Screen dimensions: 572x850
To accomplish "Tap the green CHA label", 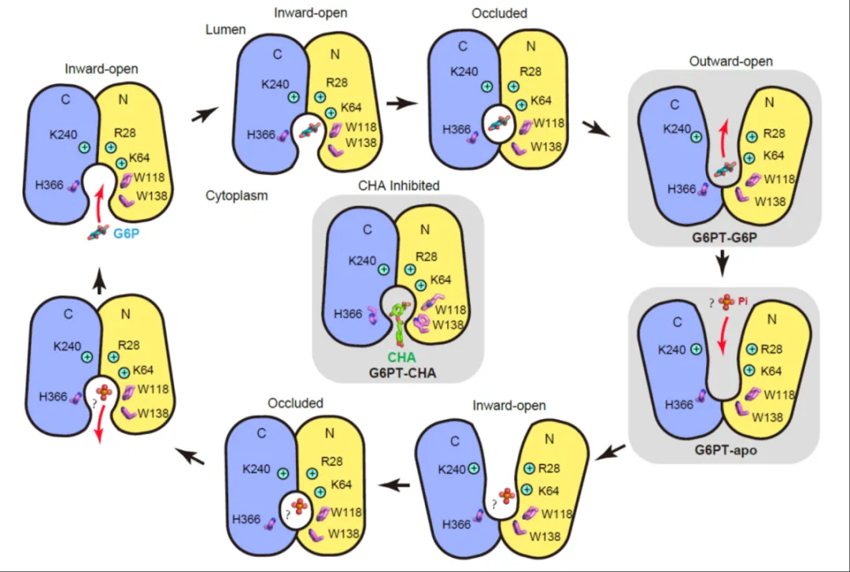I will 402,355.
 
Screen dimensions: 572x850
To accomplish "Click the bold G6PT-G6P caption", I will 724,236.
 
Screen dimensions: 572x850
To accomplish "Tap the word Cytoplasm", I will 235,195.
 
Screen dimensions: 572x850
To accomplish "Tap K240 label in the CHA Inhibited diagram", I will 363,261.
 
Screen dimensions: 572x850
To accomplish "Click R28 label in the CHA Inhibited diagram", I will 426,257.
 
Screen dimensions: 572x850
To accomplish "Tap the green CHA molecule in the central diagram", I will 401,324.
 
